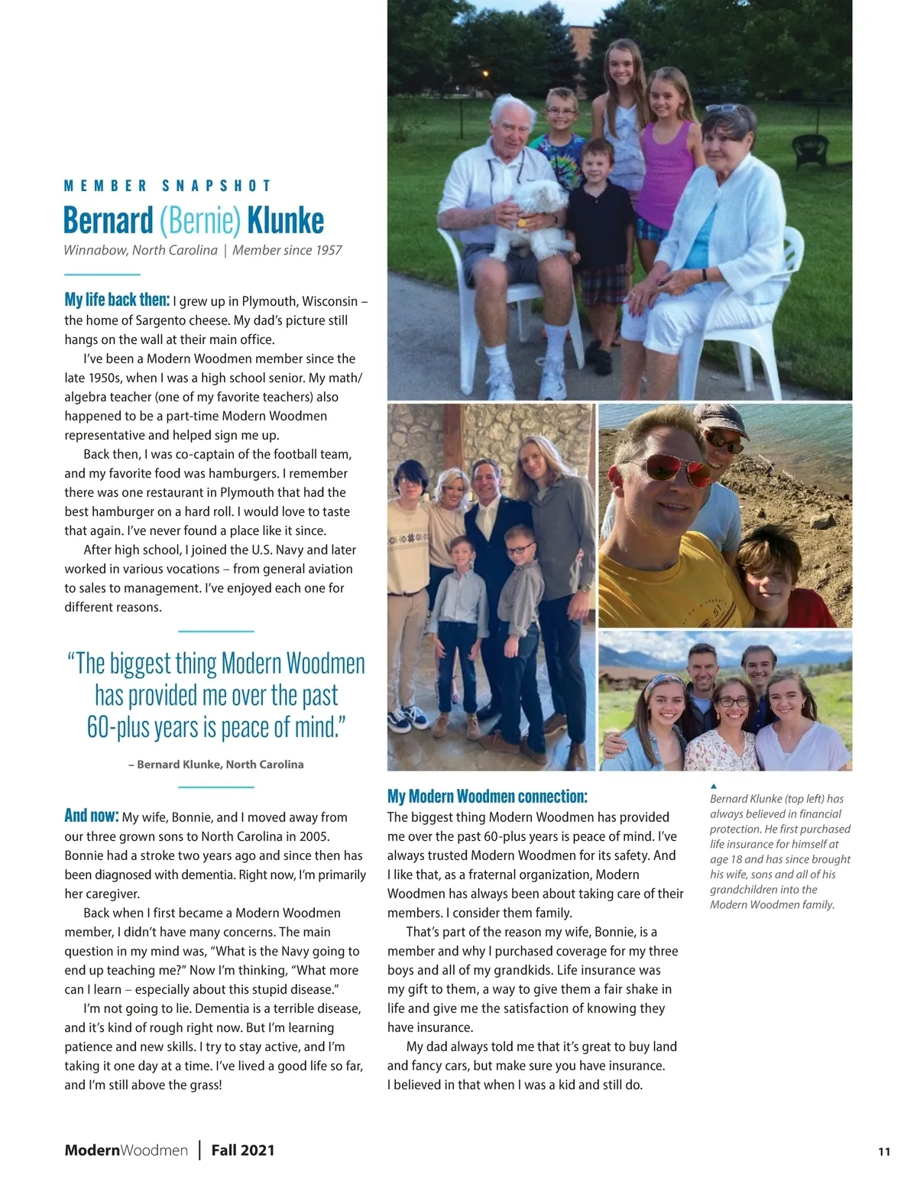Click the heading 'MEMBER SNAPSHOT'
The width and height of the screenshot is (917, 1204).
coord(167,186)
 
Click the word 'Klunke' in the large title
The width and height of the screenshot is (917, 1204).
coord(285,220)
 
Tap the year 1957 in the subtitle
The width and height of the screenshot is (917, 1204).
coord(327,250)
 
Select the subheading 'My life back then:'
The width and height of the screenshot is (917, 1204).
coord(117,300)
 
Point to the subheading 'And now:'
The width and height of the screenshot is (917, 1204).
coord(91,816)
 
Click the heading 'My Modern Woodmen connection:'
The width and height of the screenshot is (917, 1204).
coord(487,797)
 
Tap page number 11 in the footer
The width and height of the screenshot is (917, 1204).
coord(883,1152)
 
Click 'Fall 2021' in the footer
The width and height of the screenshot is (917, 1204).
coord(243,1150)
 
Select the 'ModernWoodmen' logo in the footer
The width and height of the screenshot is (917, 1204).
coord(126,1150)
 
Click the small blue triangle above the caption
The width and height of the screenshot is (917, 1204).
coord(714,785)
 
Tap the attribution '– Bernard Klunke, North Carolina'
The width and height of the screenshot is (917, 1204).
coord(216,764)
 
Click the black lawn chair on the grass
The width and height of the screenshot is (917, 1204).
coord(810,149)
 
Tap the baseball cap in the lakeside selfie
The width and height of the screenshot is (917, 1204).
coord(721,421)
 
